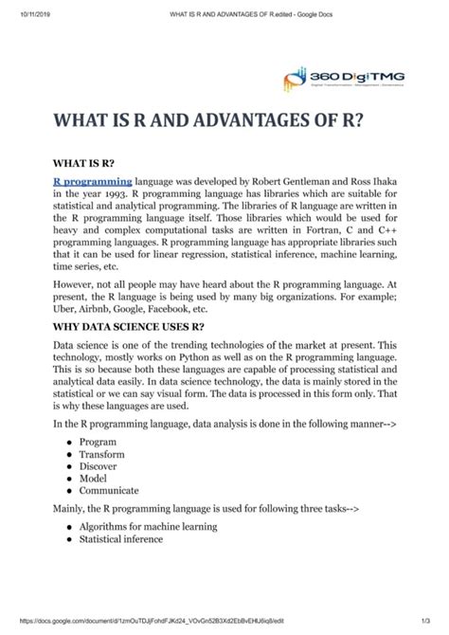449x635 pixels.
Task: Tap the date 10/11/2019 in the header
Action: click(21, 14)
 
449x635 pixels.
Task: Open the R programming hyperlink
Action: click(93, 179)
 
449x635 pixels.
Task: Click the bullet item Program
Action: click(98, 442)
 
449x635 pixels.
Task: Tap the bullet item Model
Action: click(95, 479)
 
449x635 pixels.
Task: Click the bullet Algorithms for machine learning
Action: click(149, 526)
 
